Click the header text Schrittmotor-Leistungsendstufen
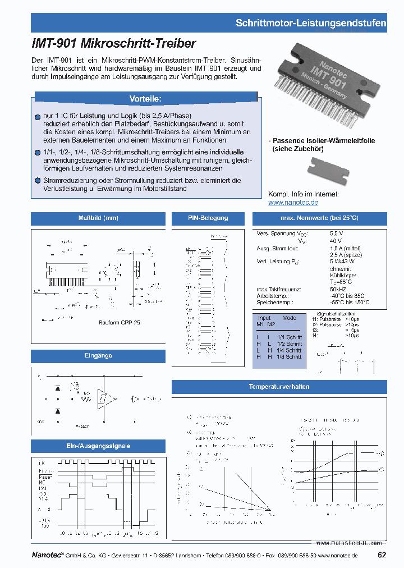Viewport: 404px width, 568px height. click(310, 23)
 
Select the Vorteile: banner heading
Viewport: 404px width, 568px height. click(145, 99)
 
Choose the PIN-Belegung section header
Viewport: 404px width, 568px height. click(208, 218)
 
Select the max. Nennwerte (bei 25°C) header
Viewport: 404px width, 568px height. click(319, 218)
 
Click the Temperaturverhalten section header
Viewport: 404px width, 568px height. click(279, 387)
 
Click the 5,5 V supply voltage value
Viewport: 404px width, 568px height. click(337, 233)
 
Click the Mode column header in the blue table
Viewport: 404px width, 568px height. click(290, 318)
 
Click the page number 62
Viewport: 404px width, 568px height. click(382, 555)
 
